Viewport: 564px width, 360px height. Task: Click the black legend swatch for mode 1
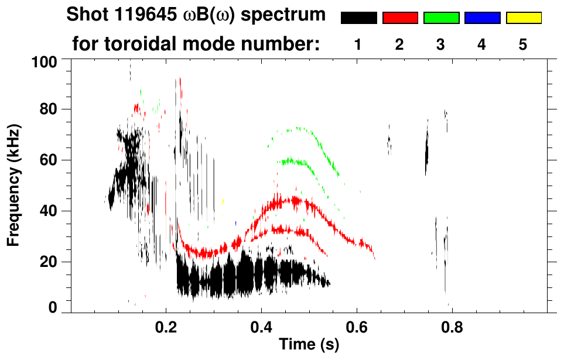click(358, 18)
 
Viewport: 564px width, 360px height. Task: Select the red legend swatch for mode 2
click(400, 18)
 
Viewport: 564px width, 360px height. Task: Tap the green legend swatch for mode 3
click(441, 18)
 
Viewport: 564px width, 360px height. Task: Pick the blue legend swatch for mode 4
click(482, 18)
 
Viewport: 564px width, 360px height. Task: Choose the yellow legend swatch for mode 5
click(524, 18)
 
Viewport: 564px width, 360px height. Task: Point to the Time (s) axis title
click(309, 345)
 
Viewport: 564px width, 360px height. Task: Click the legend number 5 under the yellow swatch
click(523, 44)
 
